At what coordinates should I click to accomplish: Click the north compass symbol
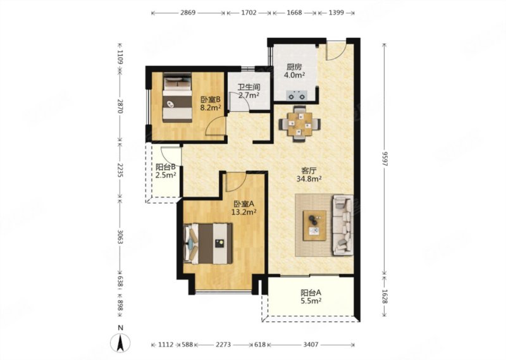pos(120,342)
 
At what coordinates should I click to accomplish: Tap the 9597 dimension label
pos(384,159)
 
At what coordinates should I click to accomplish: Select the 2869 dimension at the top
pos(188,13)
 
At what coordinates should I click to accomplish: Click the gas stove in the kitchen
pos(297,96)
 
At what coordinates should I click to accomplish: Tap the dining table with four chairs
pos(300,123)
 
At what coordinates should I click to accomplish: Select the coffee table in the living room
pos(314,225)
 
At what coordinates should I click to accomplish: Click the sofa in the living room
pos(343,225)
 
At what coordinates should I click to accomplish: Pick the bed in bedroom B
pos(177,97)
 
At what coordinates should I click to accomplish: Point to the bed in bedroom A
pos(208,244)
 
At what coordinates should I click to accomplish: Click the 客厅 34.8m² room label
pos(309,175)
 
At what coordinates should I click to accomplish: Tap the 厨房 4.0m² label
pos(294,71)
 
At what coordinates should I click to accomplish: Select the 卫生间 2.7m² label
pos(249,91)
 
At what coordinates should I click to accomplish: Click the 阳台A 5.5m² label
pos(311,297)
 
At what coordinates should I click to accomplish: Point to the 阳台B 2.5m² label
pos(166,171)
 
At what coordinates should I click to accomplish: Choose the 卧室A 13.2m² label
pos(244,208)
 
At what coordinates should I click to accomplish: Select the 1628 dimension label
pos(384,296)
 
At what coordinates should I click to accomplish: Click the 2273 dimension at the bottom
pos(223,345)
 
